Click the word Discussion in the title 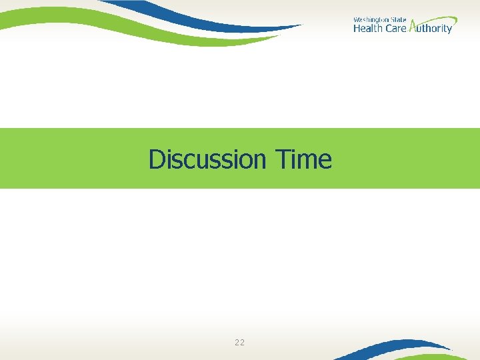(x=207, y=159)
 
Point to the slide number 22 (x=239, y=343)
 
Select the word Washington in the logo (x=370, y=20)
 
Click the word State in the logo (x=398, y=20)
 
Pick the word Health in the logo (x=368, y=29)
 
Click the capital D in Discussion (x=156, y=159)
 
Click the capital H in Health (x=357, y=29)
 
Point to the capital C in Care (x=389, y=29)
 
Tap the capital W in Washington (x=356, y=20)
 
